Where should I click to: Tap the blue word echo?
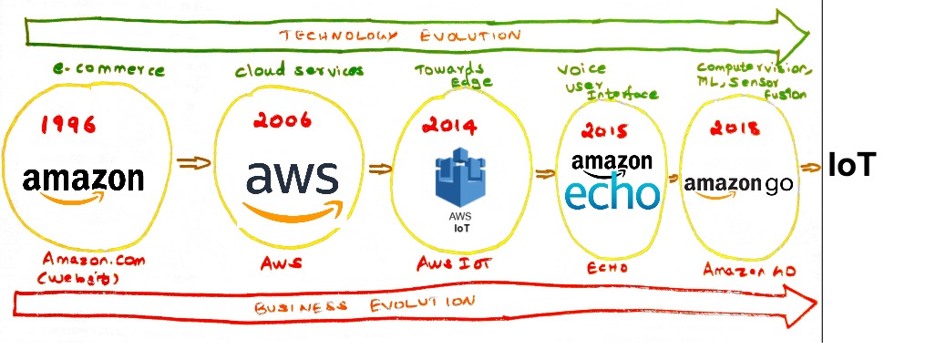pos(612,192)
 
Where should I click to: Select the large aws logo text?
pos(292,179)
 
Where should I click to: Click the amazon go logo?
pos(738,182)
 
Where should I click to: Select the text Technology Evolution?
pos(399,36)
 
